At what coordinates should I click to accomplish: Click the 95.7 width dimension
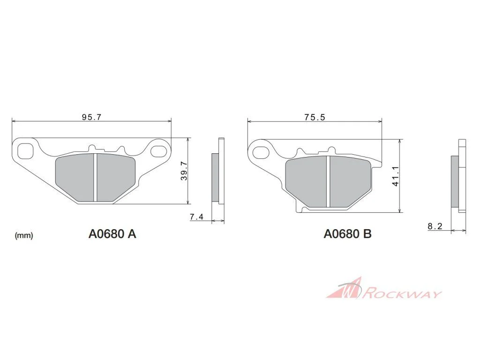coord(91,117)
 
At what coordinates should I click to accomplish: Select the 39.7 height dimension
coord(184,171)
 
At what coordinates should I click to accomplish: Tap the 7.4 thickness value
coord(196,217)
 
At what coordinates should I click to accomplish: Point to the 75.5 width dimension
coord(315,117)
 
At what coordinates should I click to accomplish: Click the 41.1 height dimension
coord(395,176)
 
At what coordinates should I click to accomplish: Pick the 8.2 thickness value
coord(435,226)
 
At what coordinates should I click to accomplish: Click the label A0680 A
coord(112,234)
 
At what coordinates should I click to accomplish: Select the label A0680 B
coord(348,234)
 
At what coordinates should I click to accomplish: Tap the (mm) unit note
coord(24,235)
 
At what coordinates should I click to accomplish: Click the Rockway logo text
coord(402,293)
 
